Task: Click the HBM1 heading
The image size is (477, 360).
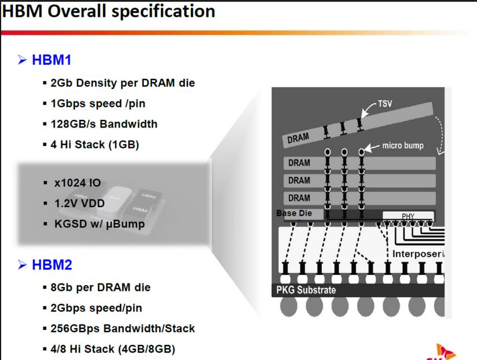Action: (x=52, y=59)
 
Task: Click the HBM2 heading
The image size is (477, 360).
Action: (x=52, y=264)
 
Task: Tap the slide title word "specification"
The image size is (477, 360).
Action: (x=163, y=12)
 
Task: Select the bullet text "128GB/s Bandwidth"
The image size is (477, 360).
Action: (x=104, y=124)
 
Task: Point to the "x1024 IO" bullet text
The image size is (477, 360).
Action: (x=77, y=183)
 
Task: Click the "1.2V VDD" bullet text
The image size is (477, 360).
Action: (x=79, y=203)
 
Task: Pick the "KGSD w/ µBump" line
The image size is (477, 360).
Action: (x=100, y=224)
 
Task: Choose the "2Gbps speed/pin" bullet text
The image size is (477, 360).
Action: (x=96, y=308)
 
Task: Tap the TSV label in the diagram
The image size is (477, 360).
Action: (x=385, y=104)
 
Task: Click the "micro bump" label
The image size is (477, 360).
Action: (x=403, y=146)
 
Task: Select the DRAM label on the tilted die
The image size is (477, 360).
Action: (x=298, y=138)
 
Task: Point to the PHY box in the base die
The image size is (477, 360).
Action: (x=408, y=216)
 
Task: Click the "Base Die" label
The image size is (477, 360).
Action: (x=294, y=213)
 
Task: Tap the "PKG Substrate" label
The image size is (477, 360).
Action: (x=306, y=290)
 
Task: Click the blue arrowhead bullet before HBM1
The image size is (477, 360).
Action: (x=22, y=60)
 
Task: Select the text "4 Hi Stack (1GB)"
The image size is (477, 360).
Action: (x=94, y=144)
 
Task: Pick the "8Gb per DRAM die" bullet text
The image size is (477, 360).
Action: (x=100, y=288)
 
